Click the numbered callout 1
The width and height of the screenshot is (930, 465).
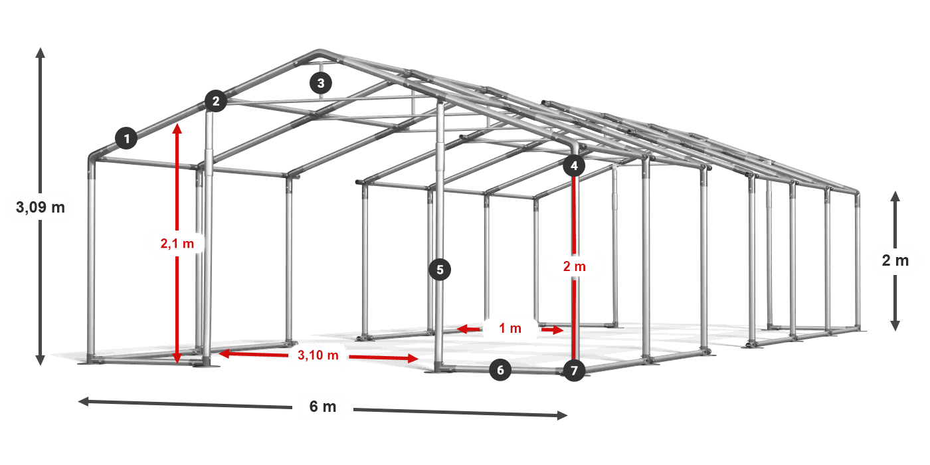click(x=126, y=139)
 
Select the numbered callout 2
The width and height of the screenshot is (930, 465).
click(x=215, y=102)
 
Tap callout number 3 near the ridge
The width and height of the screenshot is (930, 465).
click(x=321, y=83)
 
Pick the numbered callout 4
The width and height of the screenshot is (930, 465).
click(x=574, y=165)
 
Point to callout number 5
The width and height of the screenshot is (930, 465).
click(x=440, y=270)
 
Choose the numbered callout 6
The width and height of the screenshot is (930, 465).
click(x=501, y=370)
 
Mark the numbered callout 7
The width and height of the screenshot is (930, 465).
click(x=574, y=370)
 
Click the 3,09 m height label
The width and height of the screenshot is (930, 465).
click(x=40, y=207)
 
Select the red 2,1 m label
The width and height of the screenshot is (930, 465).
click(x=177, y=244)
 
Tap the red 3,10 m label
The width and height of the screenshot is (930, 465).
click(x=318, y=355)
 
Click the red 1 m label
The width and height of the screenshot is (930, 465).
click(x=510, y=328)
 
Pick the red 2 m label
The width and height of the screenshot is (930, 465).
click(x=574, y=266)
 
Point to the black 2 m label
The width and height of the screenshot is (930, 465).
click(x=895, y=260)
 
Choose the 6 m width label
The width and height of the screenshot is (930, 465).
click(x=323, y=407)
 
